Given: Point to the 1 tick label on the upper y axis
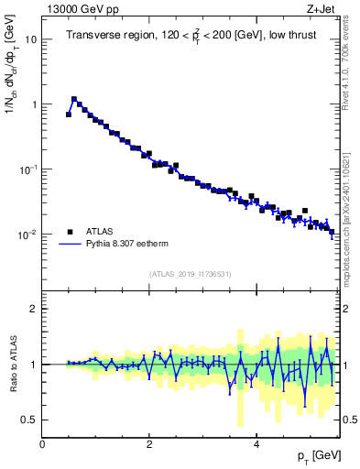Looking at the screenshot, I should pos(34,104).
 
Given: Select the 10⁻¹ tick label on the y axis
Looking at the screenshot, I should pos(28,169).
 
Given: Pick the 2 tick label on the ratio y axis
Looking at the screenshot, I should pos(34,309).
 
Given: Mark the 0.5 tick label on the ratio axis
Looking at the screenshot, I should pos(29,420).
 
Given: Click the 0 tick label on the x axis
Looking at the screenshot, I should pos(42,444).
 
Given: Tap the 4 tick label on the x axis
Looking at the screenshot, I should pos(256,444).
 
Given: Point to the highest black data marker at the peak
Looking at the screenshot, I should pos(74,99).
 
